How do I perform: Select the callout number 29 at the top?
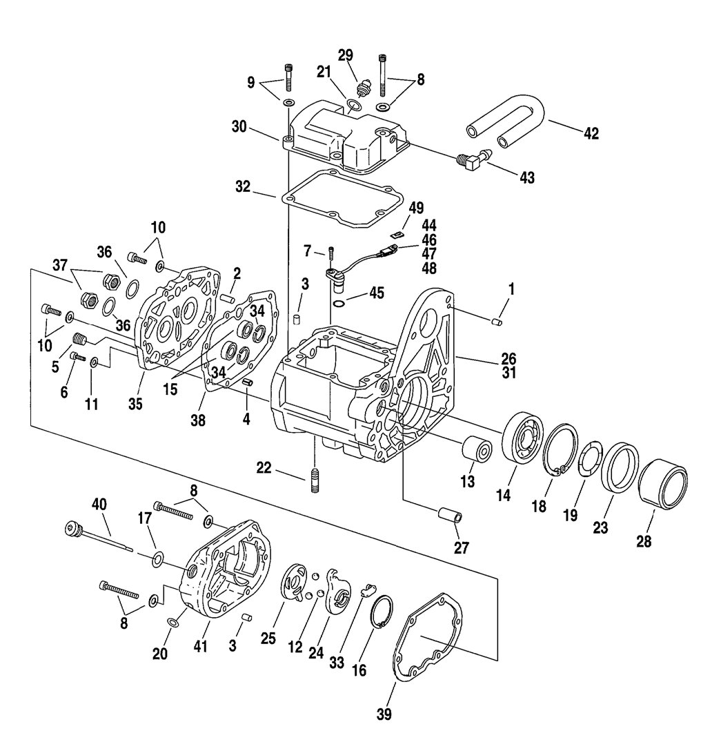[345, 55]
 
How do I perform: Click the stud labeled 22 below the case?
[315, 480]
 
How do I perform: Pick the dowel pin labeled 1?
[497, 321]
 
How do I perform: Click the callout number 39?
[384, 713]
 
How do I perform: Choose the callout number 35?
[135, 405]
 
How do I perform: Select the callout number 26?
[509, 359]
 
